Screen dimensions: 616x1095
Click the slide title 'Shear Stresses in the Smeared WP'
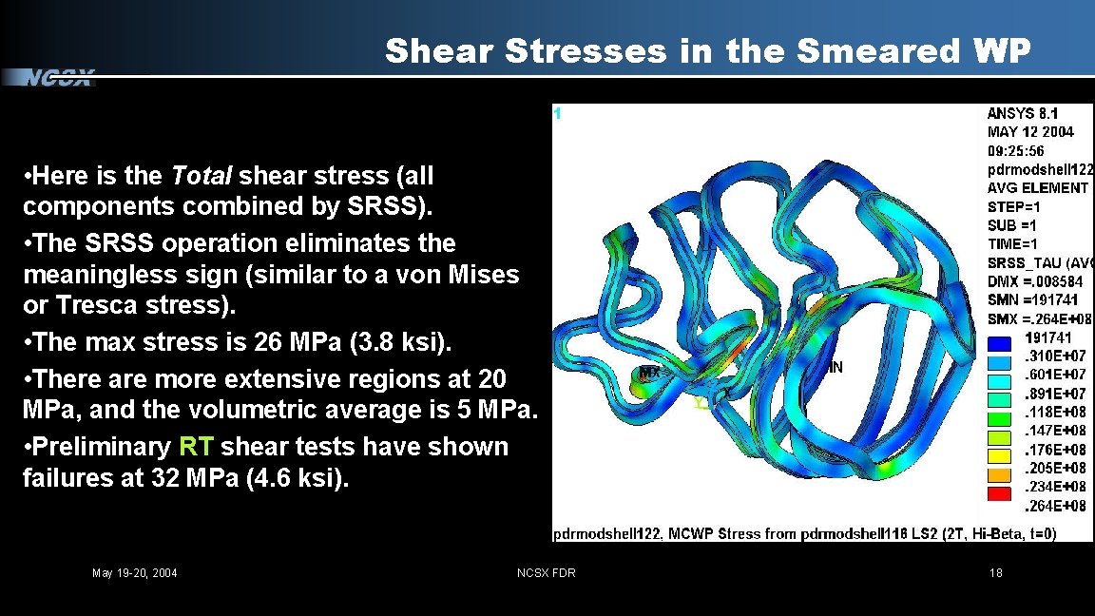(x=707, y=51)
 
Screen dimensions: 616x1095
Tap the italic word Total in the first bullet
(x=202, y=176)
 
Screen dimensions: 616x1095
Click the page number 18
(x=995, y=572)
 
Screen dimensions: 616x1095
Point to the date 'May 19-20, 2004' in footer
(x=134, y=572)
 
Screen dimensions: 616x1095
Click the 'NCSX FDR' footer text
(x=546, y=572)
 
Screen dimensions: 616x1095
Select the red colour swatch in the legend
(x=999, y=494)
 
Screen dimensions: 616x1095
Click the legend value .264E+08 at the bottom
(x=1054, y=506)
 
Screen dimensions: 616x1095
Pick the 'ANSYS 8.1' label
(x=1023, y=113)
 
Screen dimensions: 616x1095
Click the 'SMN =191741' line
(x=1028, y=300)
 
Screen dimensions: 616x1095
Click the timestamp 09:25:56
(x=1016, y=150)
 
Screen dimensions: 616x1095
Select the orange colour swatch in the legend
(x=999, y=475)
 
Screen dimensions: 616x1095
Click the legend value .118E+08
(x=1054, y=413)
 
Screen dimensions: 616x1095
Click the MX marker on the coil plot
(x=649, y=372)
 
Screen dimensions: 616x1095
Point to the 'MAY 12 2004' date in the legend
(x=1030, y=132)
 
